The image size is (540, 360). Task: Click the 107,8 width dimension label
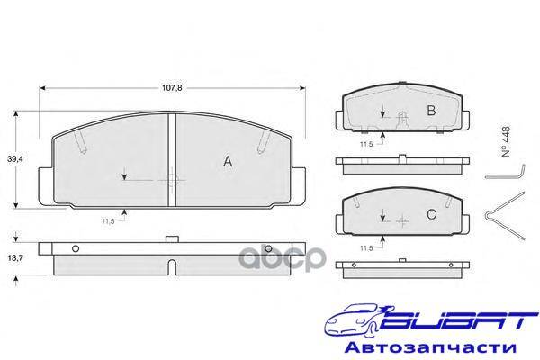tap(172, 88)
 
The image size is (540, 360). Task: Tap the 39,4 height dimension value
tap(15, 158)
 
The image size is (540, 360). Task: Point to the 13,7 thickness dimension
tap(15, 257)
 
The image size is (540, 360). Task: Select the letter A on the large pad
tap(228, 161)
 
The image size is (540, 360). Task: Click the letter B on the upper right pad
tap(431, 111)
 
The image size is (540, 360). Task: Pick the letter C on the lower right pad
tap(431, 214)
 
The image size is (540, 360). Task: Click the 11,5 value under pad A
tap(108, 221)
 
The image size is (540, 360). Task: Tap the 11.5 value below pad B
tap(366, 144)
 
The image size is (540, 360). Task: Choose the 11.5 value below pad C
tap(366, 248)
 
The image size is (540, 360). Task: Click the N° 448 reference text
tap(506, 141)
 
